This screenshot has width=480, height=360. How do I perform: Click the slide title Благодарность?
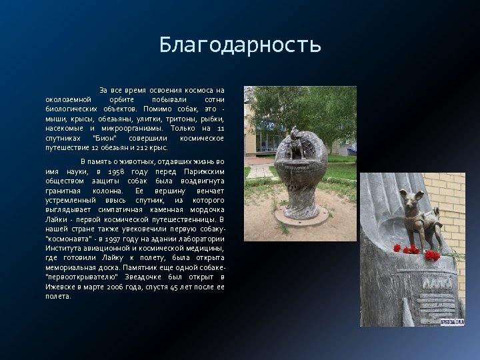coord(240,45)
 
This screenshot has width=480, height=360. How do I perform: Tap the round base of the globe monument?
coord(301,215)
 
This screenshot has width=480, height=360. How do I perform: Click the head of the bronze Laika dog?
coord(407,197)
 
